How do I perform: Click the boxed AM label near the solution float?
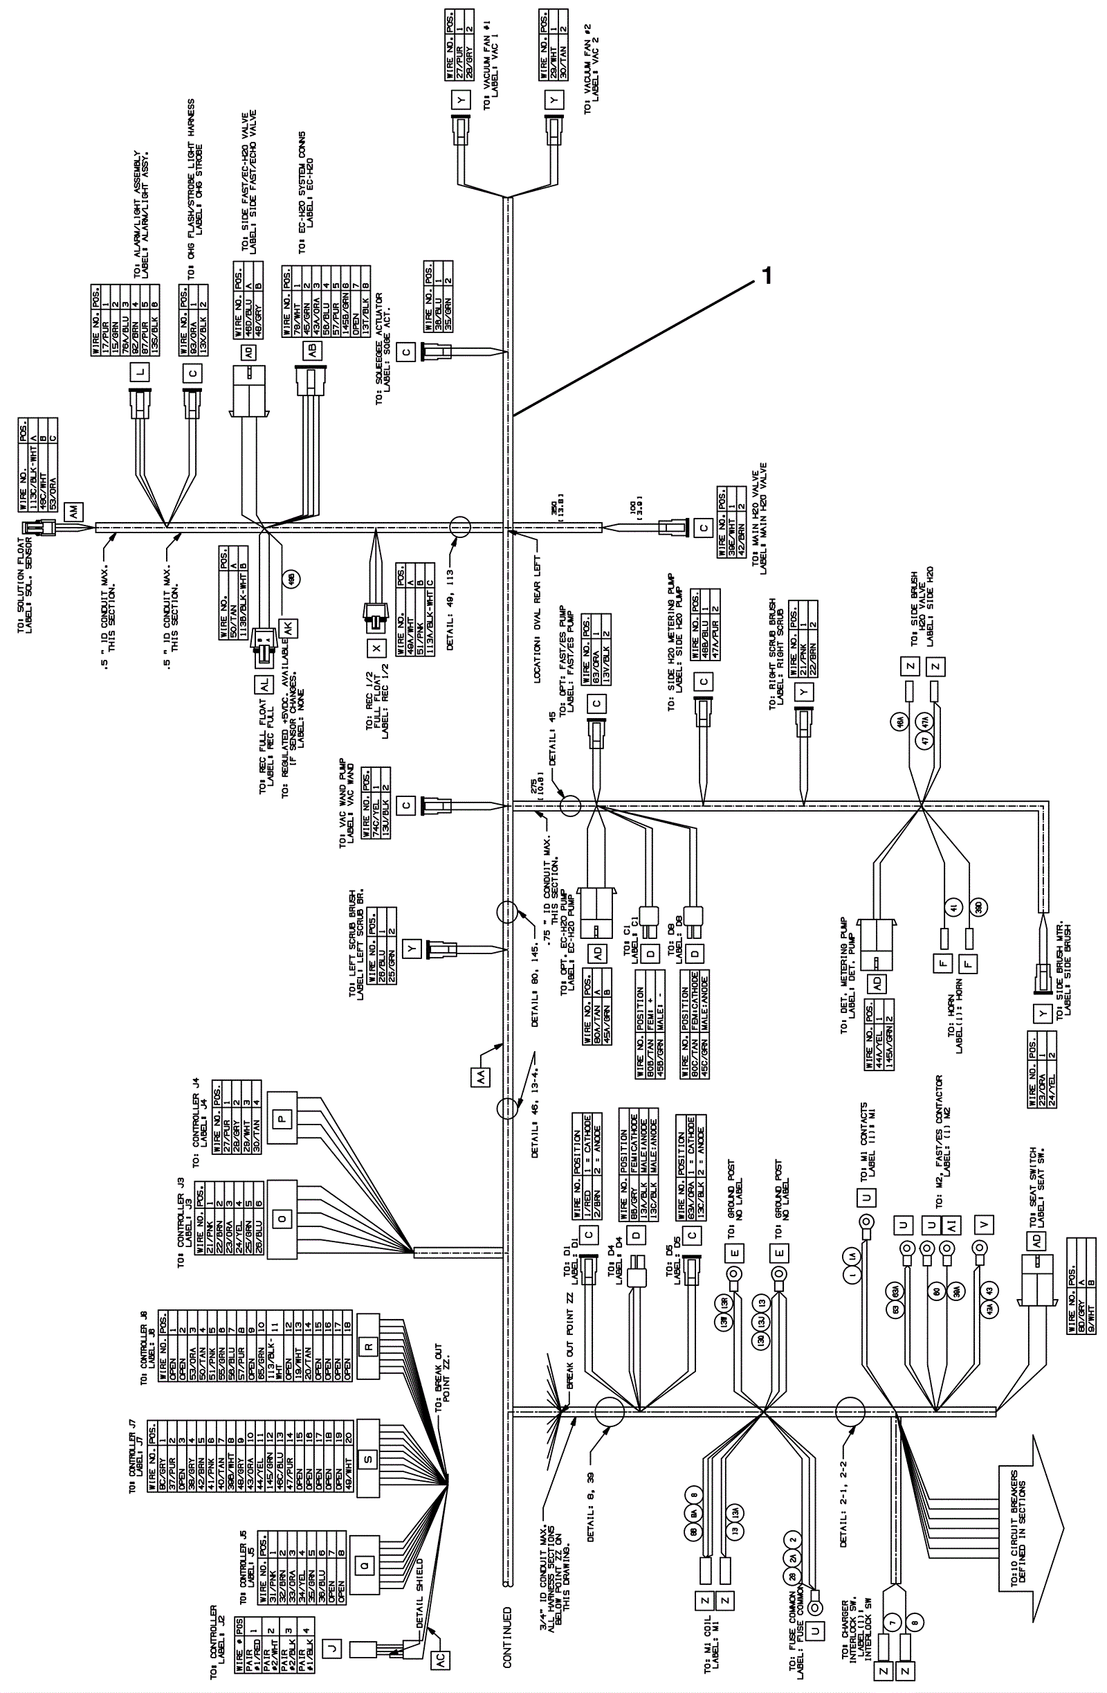click(74, 511)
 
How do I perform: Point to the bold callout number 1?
click(767, 276)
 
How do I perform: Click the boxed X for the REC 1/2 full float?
click(375, 647)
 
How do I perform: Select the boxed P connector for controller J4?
click(282, 1119)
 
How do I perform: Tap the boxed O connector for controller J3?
click(282, 1219)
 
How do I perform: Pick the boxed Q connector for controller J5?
click(364, 1544)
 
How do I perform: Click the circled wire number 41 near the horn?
click(953, 906)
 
